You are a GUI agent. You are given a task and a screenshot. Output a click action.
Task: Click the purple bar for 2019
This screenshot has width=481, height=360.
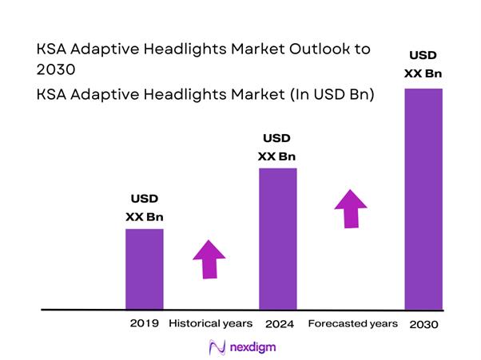coord(145,268)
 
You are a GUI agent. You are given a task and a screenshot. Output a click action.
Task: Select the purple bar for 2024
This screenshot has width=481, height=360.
coord(277,238)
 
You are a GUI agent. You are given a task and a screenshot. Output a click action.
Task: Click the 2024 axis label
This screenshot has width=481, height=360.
coord(278,324)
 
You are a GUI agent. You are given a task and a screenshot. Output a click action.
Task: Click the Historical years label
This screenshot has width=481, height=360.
coord(210,323)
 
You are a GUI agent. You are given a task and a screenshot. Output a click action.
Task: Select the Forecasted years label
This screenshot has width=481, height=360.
coord(352,323)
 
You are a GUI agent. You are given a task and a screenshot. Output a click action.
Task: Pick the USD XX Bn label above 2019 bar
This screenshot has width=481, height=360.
coord(145,207)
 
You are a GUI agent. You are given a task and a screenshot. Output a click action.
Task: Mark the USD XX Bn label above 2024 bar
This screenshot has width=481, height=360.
coord(277,146)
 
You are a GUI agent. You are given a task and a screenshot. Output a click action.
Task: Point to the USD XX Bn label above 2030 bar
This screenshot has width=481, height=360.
coord(423,65)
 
